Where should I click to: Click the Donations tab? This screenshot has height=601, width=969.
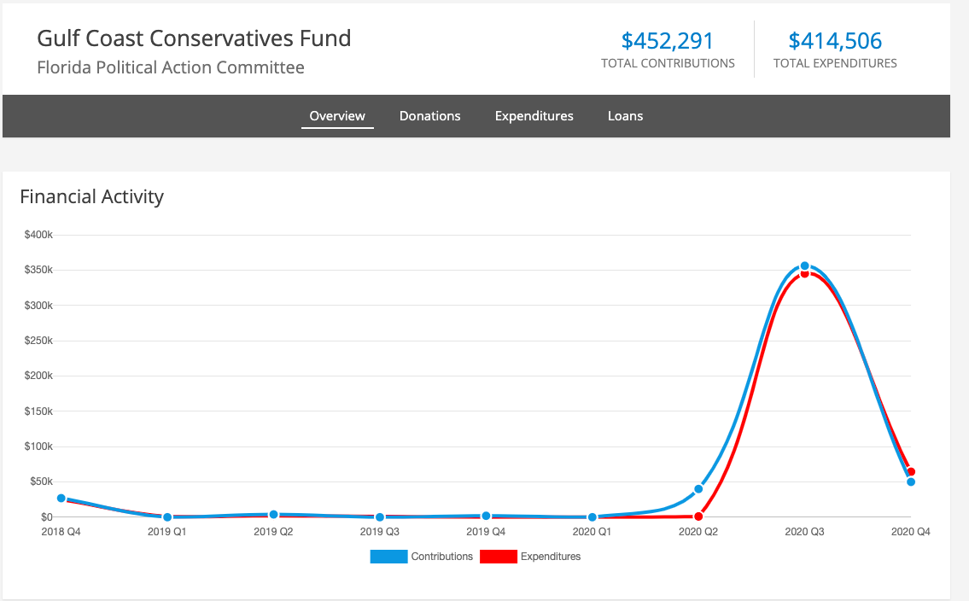429,116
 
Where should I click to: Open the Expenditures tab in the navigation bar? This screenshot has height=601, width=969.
534,116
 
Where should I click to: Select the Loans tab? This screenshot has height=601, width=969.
625,116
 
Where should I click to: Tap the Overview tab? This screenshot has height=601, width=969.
337,116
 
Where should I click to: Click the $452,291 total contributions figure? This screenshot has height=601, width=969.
668,41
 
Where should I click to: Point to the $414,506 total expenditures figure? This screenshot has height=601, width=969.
835,41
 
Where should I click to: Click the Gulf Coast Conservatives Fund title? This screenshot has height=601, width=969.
194,38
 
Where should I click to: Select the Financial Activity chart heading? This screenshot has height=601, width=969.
91,196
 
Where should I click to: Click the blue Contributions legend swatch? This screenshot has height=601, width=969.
388,557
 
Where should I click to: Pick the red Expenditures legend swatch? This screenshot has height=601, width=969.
499,557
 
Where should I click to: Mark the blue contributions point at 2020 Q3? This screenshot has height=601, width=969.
804,266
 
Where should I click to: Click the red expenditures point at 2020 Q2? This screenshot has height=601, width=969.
698,516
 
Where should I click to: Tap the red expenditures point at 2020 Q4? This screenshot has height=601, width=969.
911,471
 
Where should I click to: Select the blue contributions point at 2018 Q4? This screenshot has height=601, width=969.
61,498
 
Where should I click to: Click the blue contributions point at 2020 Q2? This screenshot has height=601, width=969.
698,489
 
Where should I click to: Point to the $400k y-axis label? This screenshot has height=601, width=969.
39,235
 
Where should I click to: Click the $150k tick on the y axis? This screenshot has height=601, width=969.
39,411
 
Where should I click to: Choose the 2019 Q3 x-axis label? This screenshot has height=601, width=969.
379,532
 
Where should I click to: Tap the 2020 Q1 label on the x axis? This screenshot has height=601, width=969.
592,532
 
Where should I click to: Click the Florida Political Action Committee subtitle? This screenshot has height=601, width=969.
171,67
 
